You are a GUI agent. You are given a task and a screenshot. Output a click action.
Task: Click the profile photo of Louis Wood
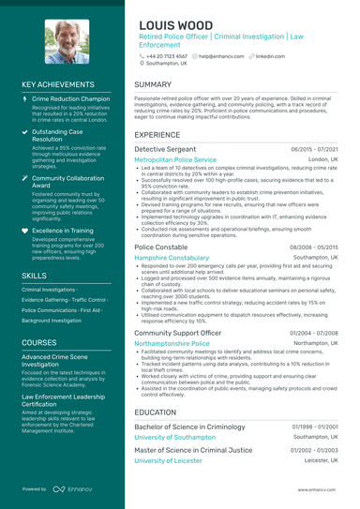pyautogui.click(x=64, y=42)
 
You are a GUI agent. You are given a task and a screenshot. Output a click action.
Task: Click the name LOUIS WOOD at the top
pyautogui.click(x=178, y=25)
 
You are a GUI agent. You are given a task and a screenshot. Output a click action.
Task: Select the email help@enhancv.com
pyautogui.click(x=220, y=56)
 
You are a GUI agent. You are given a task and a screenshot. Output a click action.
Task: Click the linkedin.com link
pyautogui.click(x=270, y=56)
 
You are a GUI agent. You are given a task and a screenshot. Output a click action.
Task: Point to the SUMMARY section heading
pyautogui.click(x=153, y=84)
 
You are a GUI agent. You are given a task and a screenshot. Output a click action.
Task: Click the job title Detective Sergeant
pyautogui.click(x=165, y=149)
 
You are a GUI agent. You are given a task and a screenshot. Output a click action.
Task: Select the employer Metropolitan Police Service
pyautogui.click(x=175, y=160)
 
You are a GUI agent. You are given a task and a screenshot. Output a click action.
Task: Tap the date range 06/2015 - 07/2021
pyautogui.click(x=314, y=149)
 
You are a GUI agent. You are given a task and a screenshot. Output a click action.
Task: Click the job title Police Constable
pyautogui.click(x=160, y=246)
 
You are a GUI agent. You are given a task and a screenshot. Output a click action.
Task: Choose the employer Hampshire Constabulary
pyautogui.click(x=172, y=257)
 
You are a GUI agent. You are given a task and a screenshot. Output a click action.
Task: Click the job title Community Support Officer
pyautogui.click(x=177, y=333)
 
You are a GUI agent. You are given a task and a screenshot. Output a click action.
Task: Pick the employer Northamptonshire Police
pyautogui.click(x=172, y=344)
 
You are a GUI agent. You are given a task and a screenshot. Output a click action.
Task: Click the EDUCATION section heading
pyautogui.click(x=156, y=412)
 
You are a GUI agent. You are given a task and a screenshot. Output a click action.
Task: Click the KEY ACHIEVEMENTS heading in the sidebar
pyautogui.click(x=62, y=84)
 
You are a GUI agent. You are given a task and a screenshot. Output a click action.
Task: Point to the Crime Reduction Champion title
pyautogui.click(x=70, y=97)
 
